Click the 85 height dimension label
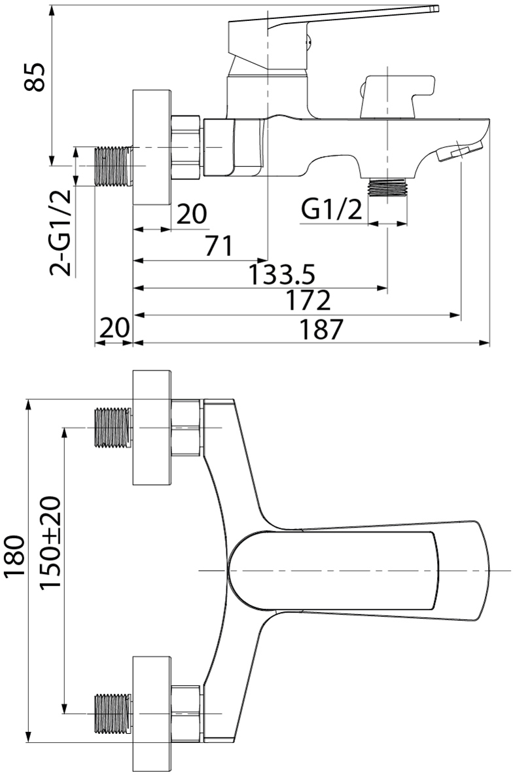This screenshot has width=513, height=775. click(35, 77)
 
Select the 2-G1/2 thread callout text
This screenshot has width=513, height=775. click(61, 233)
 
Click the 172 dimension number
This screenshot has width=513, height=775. click(308, 300)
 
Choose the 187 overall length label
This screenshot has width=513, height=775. click(321, 329)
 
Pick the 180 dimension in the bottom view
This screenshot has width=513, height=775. click(14, 556)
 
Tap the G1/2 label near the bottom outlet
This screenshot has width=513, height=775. click(332, 210)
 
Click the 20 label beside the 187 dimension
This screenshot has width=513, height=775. click(115, 328)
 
